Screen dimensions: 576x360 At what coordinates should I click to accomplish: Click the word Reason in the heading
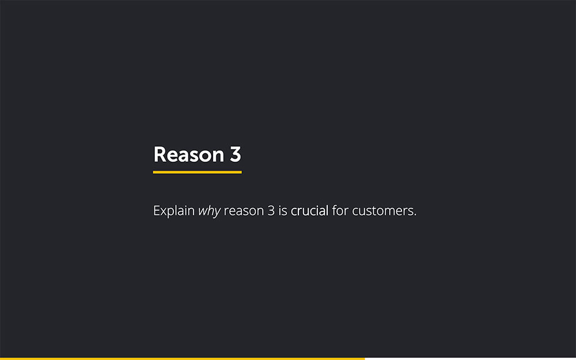pos(189,154)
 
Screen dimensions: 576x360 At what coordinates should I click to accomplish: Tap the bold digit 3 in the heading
pos(236,154)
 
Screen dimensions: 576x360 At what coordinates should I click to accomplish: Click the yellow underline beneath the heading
pos(197,172)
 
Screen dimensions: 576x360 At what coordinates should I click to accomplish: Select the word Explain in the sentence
pos(174,211)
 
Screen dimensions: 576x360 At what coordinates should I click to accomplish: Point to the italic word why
pos(210,211)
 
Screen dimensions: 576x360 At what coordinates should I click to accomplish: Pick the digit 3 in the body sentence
pos(271,211)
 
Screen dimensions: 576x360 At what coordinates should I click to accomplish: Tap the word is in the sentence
pos(283,211)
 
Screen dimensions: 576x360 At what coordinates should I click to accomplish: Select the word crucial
pos(309,211)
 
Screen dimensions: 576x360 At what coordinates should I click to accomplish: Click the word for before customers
pos(340,210)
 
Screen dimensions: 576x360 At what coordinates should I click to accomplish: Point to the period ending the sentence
pos(415,215)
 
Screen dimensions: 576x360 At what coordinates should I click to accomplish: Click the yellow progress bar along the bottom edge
pos(182,359)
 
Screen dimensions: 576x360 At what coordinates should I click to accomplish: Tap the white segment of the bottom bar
pos(470,359)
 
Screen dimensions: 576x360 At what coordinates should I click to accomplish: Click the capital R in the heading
pos(160,154)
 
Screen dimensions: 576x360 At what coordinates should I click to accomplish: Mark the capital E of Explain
pos(157,211)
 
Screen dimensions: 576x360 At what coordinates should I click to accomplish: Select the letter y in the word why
pos(217,213)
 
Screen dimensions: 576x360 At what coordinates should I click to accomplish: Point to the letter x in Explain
pos(165,213)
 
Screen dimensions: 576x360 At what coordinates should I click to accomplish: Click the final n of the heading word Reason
pos(218,157)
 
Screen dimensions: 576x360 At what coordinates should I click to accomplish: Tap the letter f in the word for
pos(335,210)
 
